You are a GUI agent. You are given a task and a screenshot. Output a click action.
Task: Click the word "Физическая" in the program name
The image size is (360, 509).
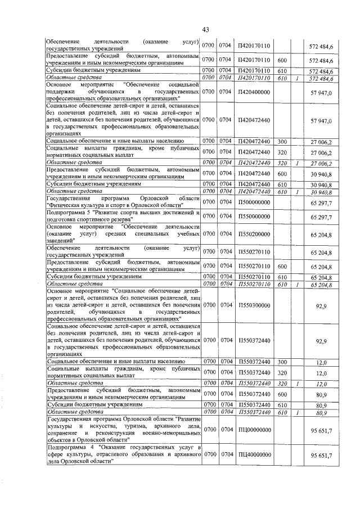coord(66,206)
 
